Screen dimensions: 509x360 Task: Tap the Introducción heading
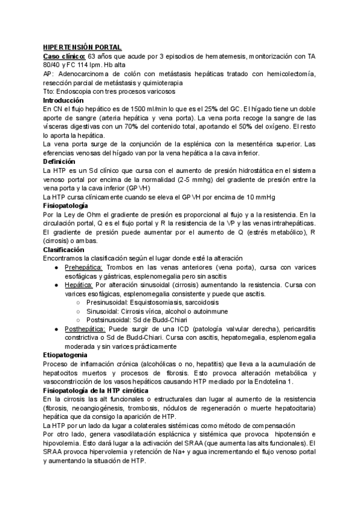coord(64,101)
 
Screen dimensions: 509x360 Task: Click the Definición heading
coord(59,162)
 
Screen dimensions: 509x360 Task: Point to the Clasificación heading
coord(64,249)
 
